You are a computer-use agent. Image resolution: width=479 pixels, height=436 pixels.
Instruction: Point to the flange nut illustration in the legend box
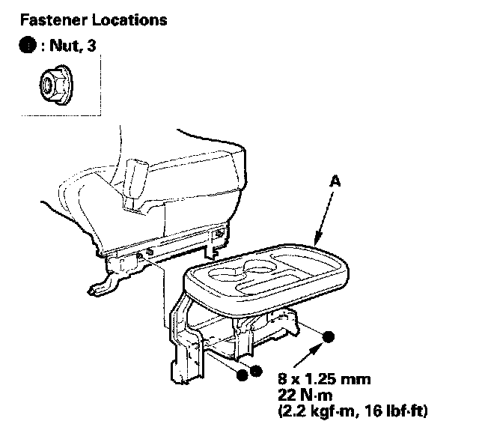point(52,85)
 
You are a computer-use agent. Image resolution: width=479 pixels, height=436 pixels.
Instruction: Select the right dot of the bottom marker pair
point(255,371)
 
